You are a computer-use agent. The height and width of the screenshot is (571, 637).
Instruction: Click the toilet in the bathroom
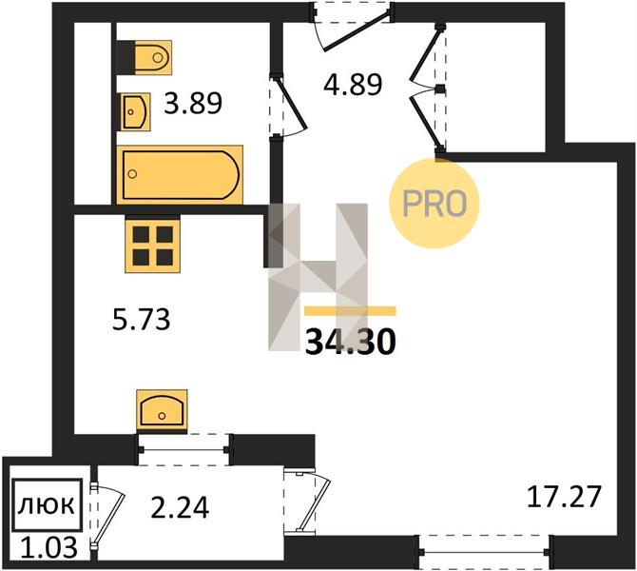pyautogui.click(x=145, y=57)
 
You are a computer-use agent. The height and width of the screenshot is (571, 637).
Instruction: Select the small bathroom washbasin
pyautogui.click(x=134, y=112)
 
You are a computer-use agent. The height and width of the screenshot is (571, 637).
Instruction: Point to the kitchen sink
pyautogui.click(x=162, y=411)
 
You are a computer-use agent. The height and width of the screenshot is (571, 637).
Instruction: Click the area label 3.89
pyautogui.click(x=193, y=104)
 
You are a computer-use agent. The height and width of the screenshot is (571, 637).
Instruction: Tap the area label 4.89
pyautogui.click(x=353, y=85)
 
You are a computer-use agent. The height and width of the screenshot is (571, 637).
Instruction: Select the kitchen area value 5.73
pyautogui.click(x=141, y=319)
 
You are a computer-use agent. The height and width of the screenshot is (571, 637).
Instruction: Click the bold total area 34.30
pyautogui.click(x=350, y=342)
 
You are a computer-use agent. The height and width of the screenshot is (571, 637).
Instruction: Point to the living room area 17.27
pyautogui.click(x=564, y=497)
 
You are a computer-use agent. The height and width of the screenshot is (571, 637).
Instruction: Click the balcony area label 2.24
pyautogui.click(x=180, y=508)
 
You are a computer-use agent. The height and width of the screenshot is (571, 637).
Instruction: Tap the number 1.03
pyautogui.click(x=48, y=547)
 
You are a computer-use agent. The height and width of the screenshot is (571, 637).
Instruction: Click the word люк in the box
pyautogui.click(x=47, y=505)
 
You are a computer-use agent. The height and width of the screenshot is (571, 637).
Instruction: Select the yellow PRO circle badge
pyautogui.click(x=434, y=203)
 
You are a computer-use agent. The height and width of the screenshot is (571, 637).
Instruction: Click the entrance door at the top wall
pyautogui.click(x=352, y=25)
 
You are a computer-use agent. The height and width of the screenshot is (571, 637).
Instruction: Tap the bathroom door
pyautogui.click(x=287, y=106)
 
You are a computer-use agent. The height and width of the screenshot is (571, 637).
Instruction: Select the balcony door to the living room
pyautogui.click(x=307, y=501)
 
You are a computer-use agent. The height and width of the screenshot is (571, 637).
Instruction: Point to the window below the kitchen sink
pyautogui.click(x=184, y=450)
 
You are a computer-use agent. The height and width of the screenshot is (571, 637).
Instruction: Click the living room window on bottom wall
pyautogui.click(x=484, y=552)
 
